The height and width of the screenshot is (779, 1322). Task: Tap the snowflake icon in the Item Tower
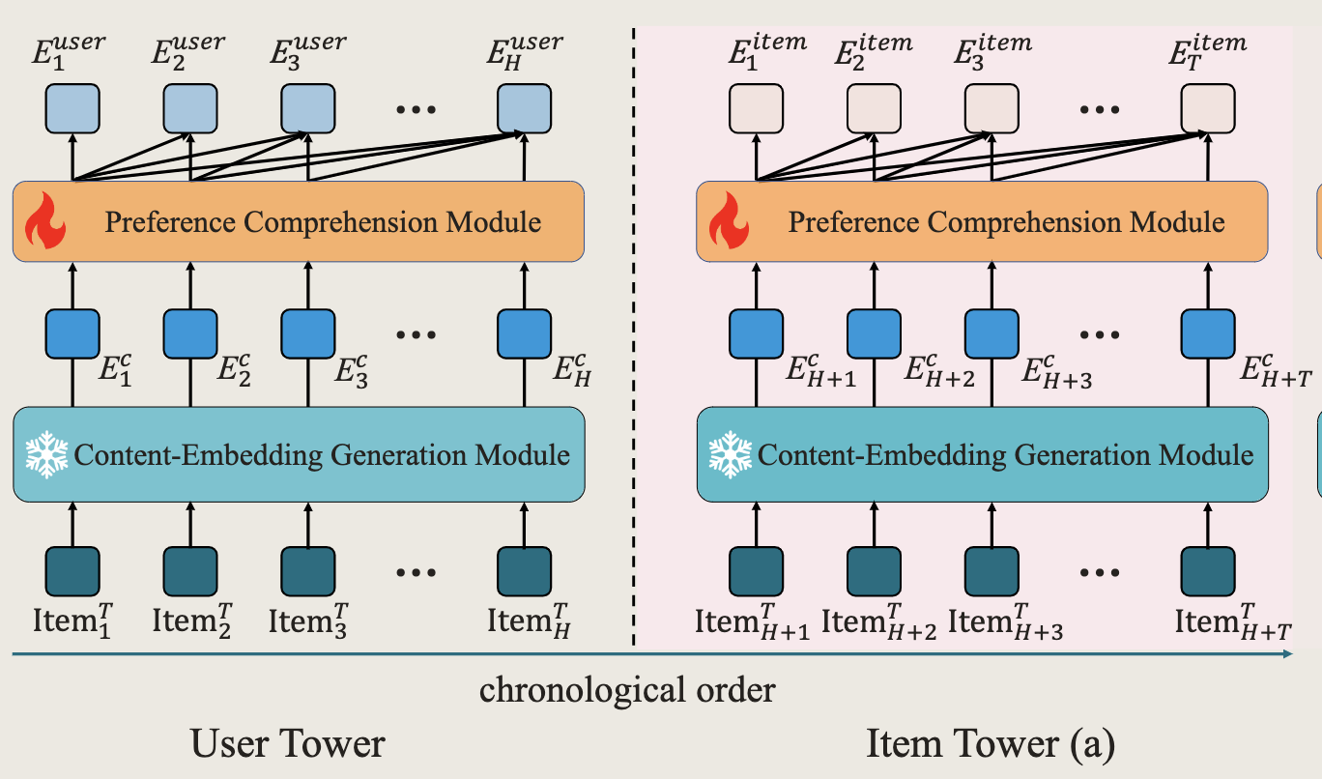click(x=731, y=454)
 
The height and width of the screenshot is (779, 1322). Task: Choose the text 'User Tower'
click(x=288, y=742)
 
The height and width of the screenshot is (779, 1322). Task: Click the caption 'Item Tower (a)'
click(x=990, y=742)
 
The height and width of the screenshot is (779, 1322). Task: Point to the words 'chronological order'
click(x=627, y=690)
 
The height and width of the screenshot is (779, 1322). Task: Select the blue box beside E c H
click(x=524, y=333)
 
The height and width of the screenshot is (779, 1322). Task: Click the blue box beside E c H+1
click(x=756, y=333)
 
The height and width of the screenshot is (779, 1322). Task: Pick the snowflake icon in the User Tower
click(x=46, y=454)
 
